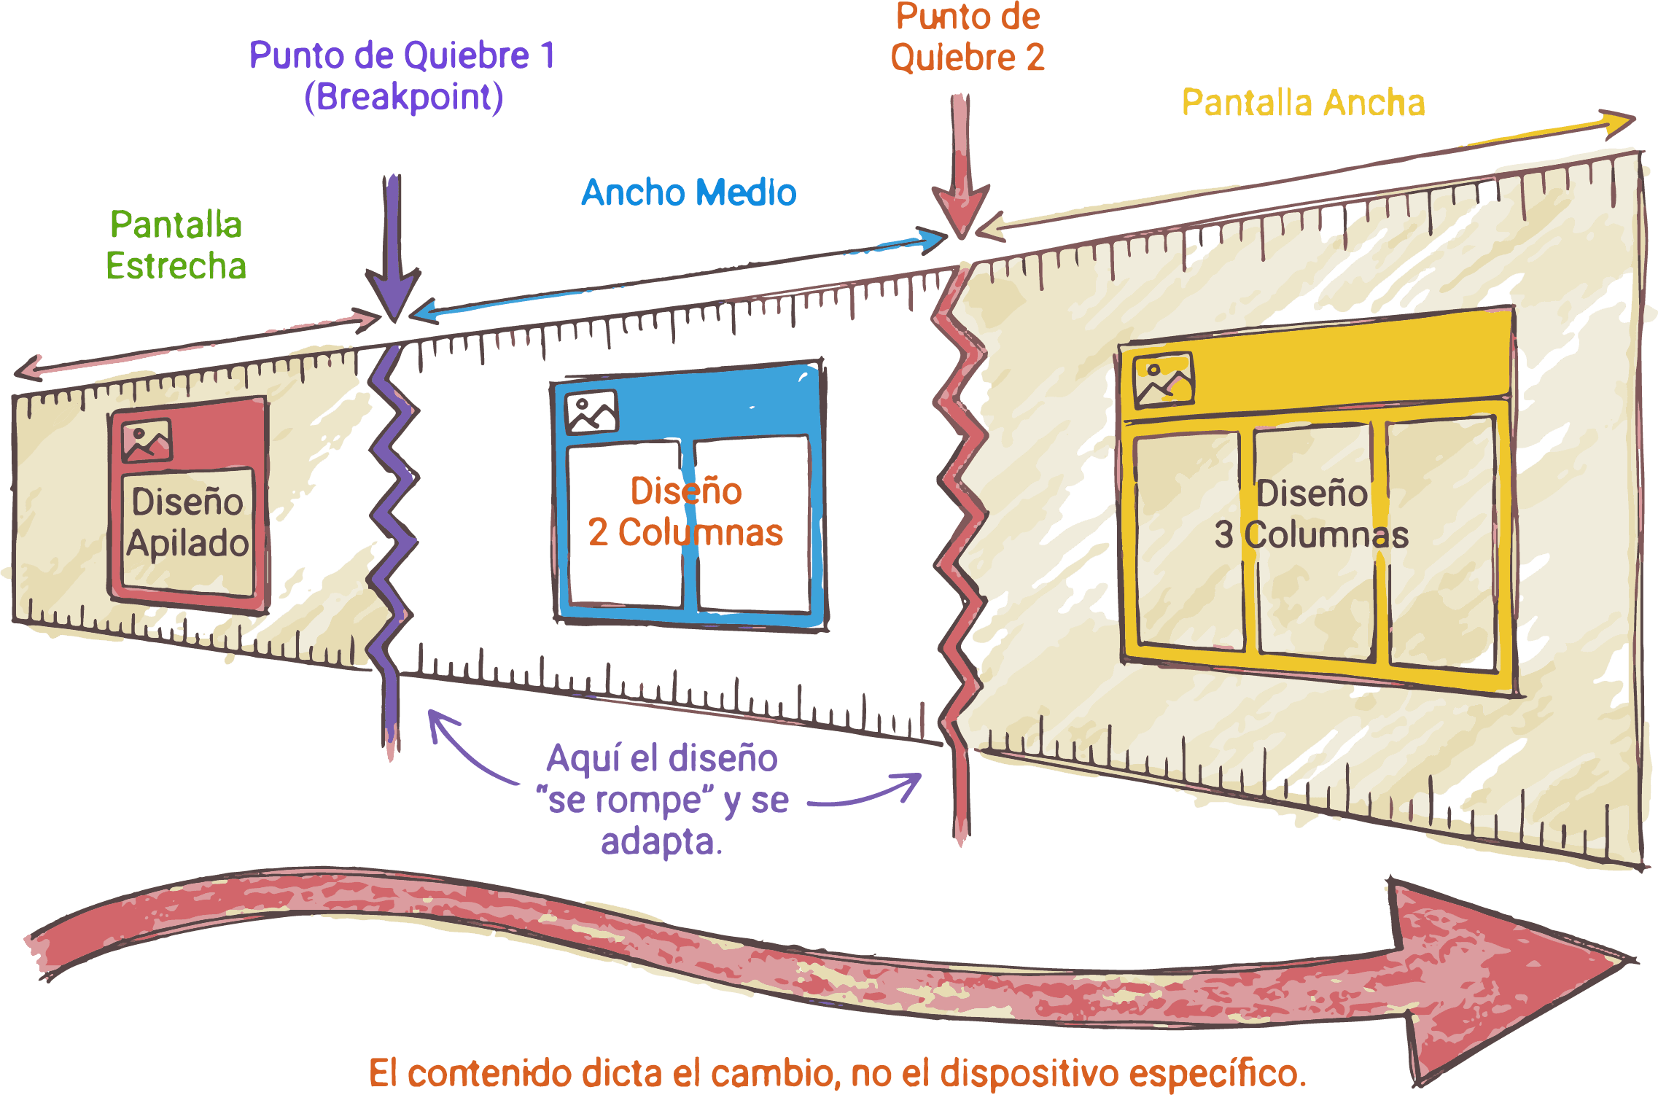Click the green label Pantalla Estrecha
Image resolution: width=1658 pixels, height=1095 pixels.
click(x=176, y=245)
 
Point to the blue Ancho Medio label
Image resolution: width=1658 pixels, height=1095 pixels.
click(x=689, y=193)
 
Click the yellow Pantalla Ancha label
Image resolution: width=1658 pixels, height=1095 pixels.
click(x=1303, y=103)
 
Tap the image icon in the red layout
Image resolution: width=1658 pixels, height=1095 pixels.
click(x=147, y=440)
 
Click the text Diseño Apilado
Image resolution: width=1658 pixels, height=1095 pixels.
click(x=188, y=523)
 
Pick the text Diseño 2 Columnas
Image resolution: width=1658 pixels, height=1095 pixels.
click(x=685, y=512)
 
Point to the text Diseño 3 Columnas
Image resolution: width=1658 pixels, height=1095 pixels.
click(x=1311, y=515)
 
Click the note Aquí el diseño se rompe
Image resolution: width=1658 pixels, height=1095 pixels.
click(x=662, y=800)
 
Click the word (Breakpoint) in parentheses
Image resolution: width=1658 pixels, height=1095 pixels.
click(x=404, y=97)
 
